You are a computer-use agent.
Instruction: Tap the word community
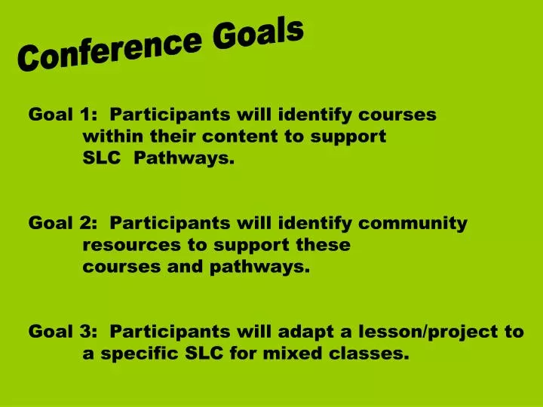point(413,224)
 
